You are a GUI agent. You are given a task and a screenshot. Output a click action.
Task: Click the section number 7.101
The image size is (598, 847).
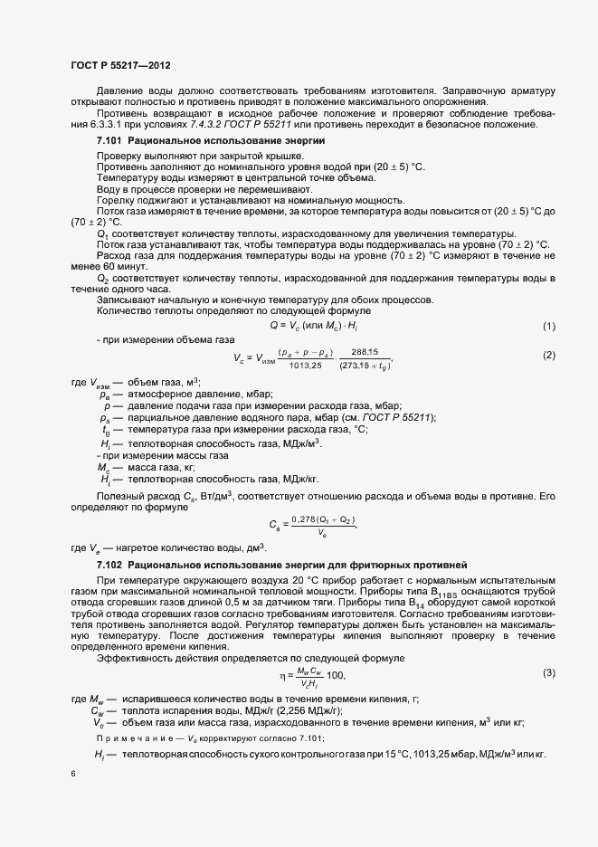tap(110, 142)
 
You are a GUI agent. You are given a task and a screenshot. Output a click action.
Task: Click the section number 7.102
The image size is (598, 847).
tap(110, 565)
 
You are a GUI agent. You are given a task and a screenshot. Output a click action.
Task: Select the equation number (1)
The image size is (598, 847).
tap(548, 325)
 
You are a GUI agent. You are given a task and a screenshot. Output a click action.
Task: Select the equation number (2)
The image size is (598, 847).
tap(548, 355)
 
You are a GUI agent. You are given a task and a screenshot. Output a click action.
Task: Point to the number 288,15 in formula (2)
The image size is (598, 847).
tap(365, 351)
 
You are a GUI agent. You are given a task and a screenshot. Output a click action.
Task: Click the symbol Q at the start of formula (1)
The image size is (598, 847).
tap(273, 325)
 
